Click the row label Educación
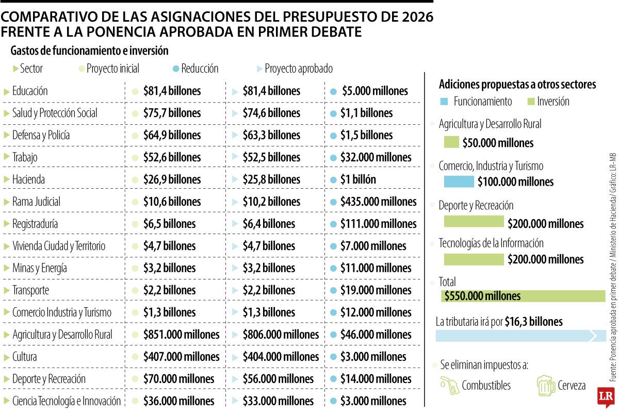(x=30, y=91)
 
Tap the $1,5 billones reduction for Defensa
(x=366, y=136)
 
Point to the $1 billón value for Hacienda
(x=358, y=180)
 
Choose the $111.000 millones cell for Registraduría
(x=378, y=224)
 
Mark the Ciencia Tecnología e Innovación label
(x=66, y=401)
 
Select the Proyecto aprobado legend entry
(x=298, y=69)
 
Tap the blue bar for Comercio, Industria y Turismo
(x=459, y=181)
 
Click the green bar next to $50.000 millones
(x=451, y=142)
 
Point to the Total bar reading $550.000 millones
(x=523, y=296)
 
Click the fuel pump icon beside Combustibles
(x=450, y=385)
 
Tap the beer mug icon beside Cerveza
(x=545, y=385)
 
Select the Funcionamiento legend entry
(x=482, y=102)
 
